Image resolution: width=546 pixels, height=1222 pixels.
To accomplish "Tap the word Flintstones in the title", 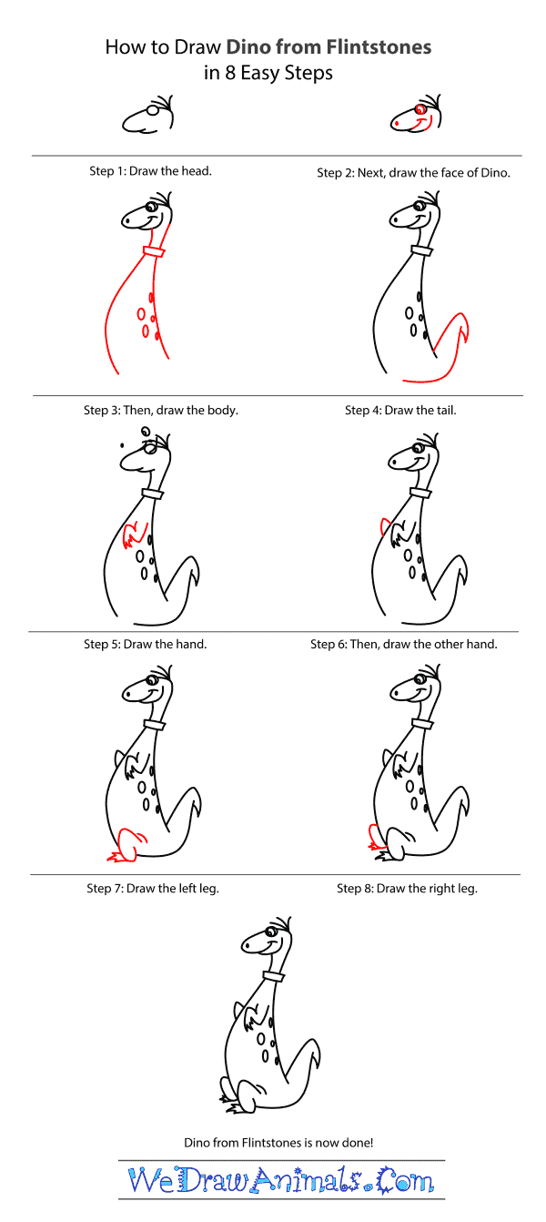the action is [379, 47].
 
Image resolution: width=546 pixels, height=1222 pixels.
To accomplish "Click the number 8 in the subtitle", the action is [230, 73].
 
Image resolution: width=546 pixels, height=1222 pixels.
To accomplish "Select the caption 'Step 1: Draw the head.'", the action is [150, 171].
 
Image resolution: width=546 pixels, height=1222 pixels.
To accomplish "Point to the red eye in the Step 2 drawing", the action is [420, 109].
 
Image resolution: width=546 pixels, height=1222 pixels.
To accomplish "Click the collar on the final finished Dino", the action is [274, 976].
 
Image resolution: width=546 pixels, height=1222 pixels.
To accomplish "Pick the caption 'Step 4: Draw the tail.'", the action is [400, 411].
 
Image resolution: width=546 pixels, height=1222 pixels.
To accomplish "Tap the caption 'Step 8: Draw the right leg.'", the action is [407, 889].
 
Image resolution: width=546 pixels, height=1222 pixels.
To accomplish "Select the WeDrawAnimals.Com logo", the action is [281, 1179].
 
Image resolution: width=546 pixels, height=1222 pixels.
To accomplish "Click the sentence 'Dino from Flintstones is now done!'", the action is [278, 1143].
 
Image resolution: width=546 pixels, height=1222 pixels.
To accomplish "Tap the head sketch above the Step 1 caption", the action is [148, 115].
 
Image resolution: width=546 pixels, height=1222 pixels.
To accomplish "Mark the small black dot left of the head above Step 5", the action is [123, 445].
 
